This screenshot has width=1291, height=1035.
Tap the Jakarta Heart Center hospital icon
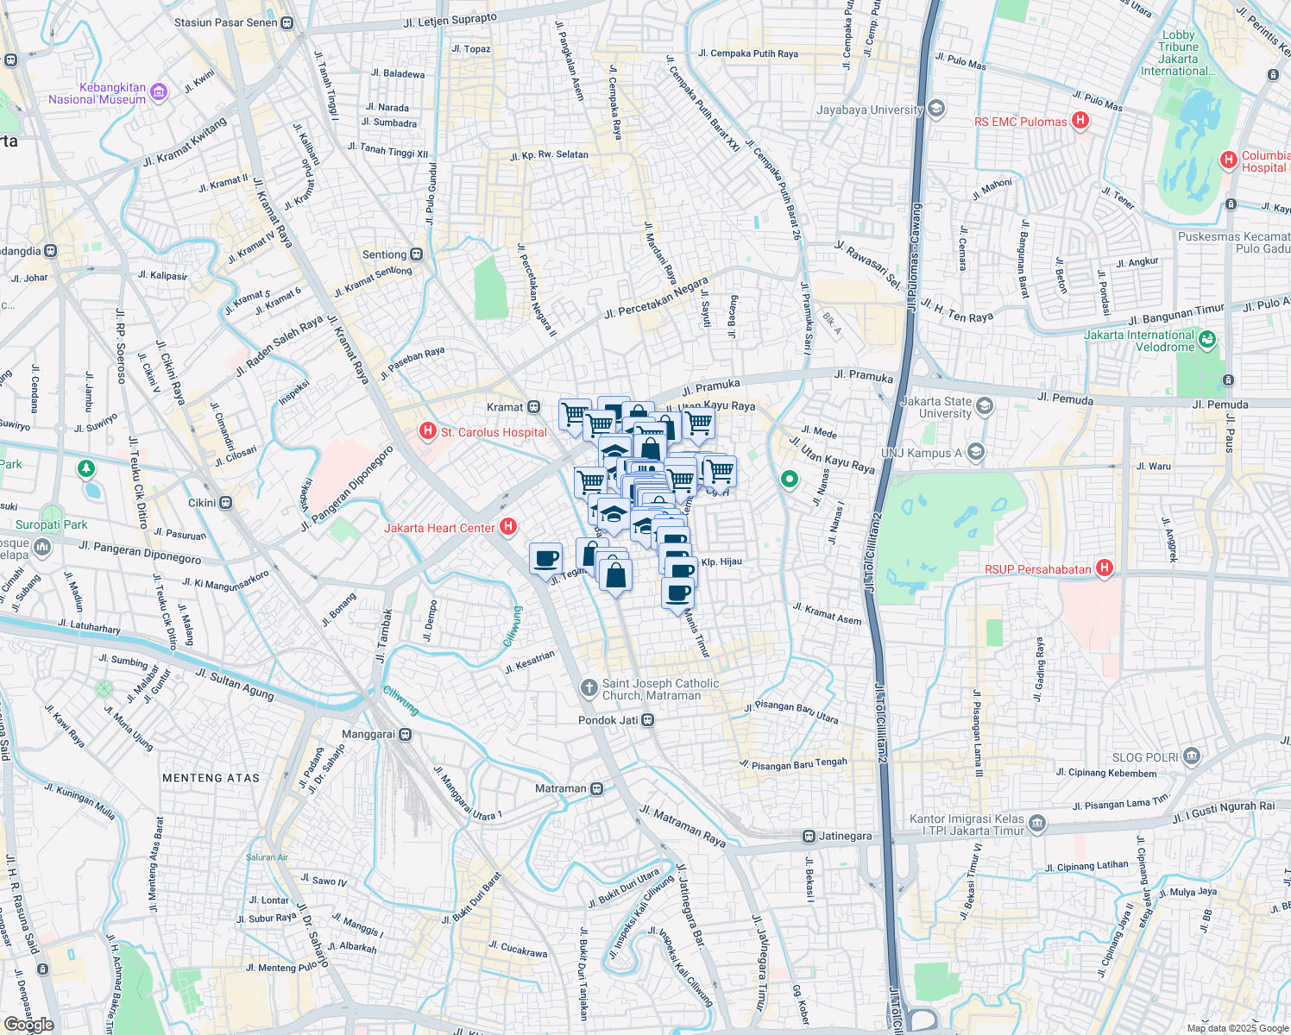pos(508,526)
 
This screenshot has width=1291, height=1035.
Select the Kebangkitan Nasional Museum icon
pos(159,92)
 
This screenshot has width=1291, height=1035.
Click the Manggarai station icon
pos(406,735)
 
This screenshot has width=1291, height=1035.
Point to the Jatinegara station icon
pos(809,836)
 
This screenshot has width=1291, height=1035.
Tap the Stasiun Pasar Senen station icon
pos(287,23)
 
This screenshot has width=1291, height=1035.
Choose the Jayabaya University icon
pos(936,110)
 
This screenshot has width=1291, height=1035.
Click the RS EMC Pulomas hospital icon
pos(1080,121)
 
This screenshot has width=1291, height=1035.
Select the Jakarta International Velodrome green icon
pos(1207,340)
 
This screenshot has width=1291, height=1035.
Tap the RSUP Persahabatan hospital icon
pos(1104,568)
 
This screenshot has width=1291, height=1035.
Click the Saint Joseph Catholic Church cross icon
pos(589,687)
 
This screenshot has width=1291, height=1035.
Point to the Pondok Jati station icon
pos(648,720)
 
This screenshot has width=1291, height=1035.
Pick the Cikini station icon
pos(225,502)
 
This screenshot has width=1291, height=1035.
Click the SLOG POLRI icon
pos(1192,756)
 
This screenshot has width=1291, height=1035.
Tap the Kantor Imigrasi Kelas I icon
pos(1037,824)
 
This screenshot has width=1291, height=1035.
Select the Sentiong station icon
pos(417,254)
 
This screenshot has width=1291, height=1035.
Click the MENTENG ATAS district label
pos(211,778)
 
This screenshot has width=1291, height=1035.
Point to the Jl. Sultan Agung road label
pos(235,685)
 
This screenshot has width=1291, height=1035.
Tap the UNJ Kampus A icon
pos(975,452)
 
